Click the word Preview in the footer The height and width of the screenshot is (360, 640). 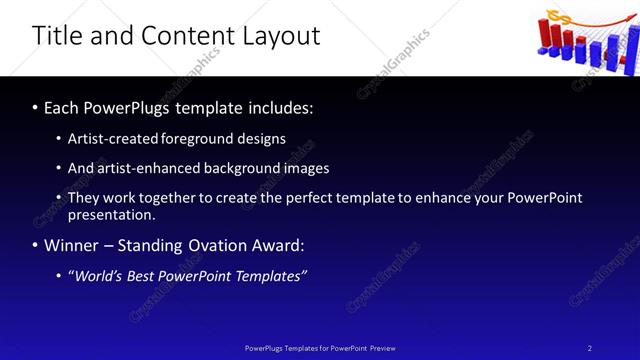pos(381,348)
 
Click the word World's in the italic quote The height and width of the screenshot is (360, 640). pos(96,276)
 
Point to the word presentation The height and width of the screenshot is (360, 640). pos(110,214)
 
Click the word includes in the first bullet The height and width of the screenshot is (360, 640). pos(282,107)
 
